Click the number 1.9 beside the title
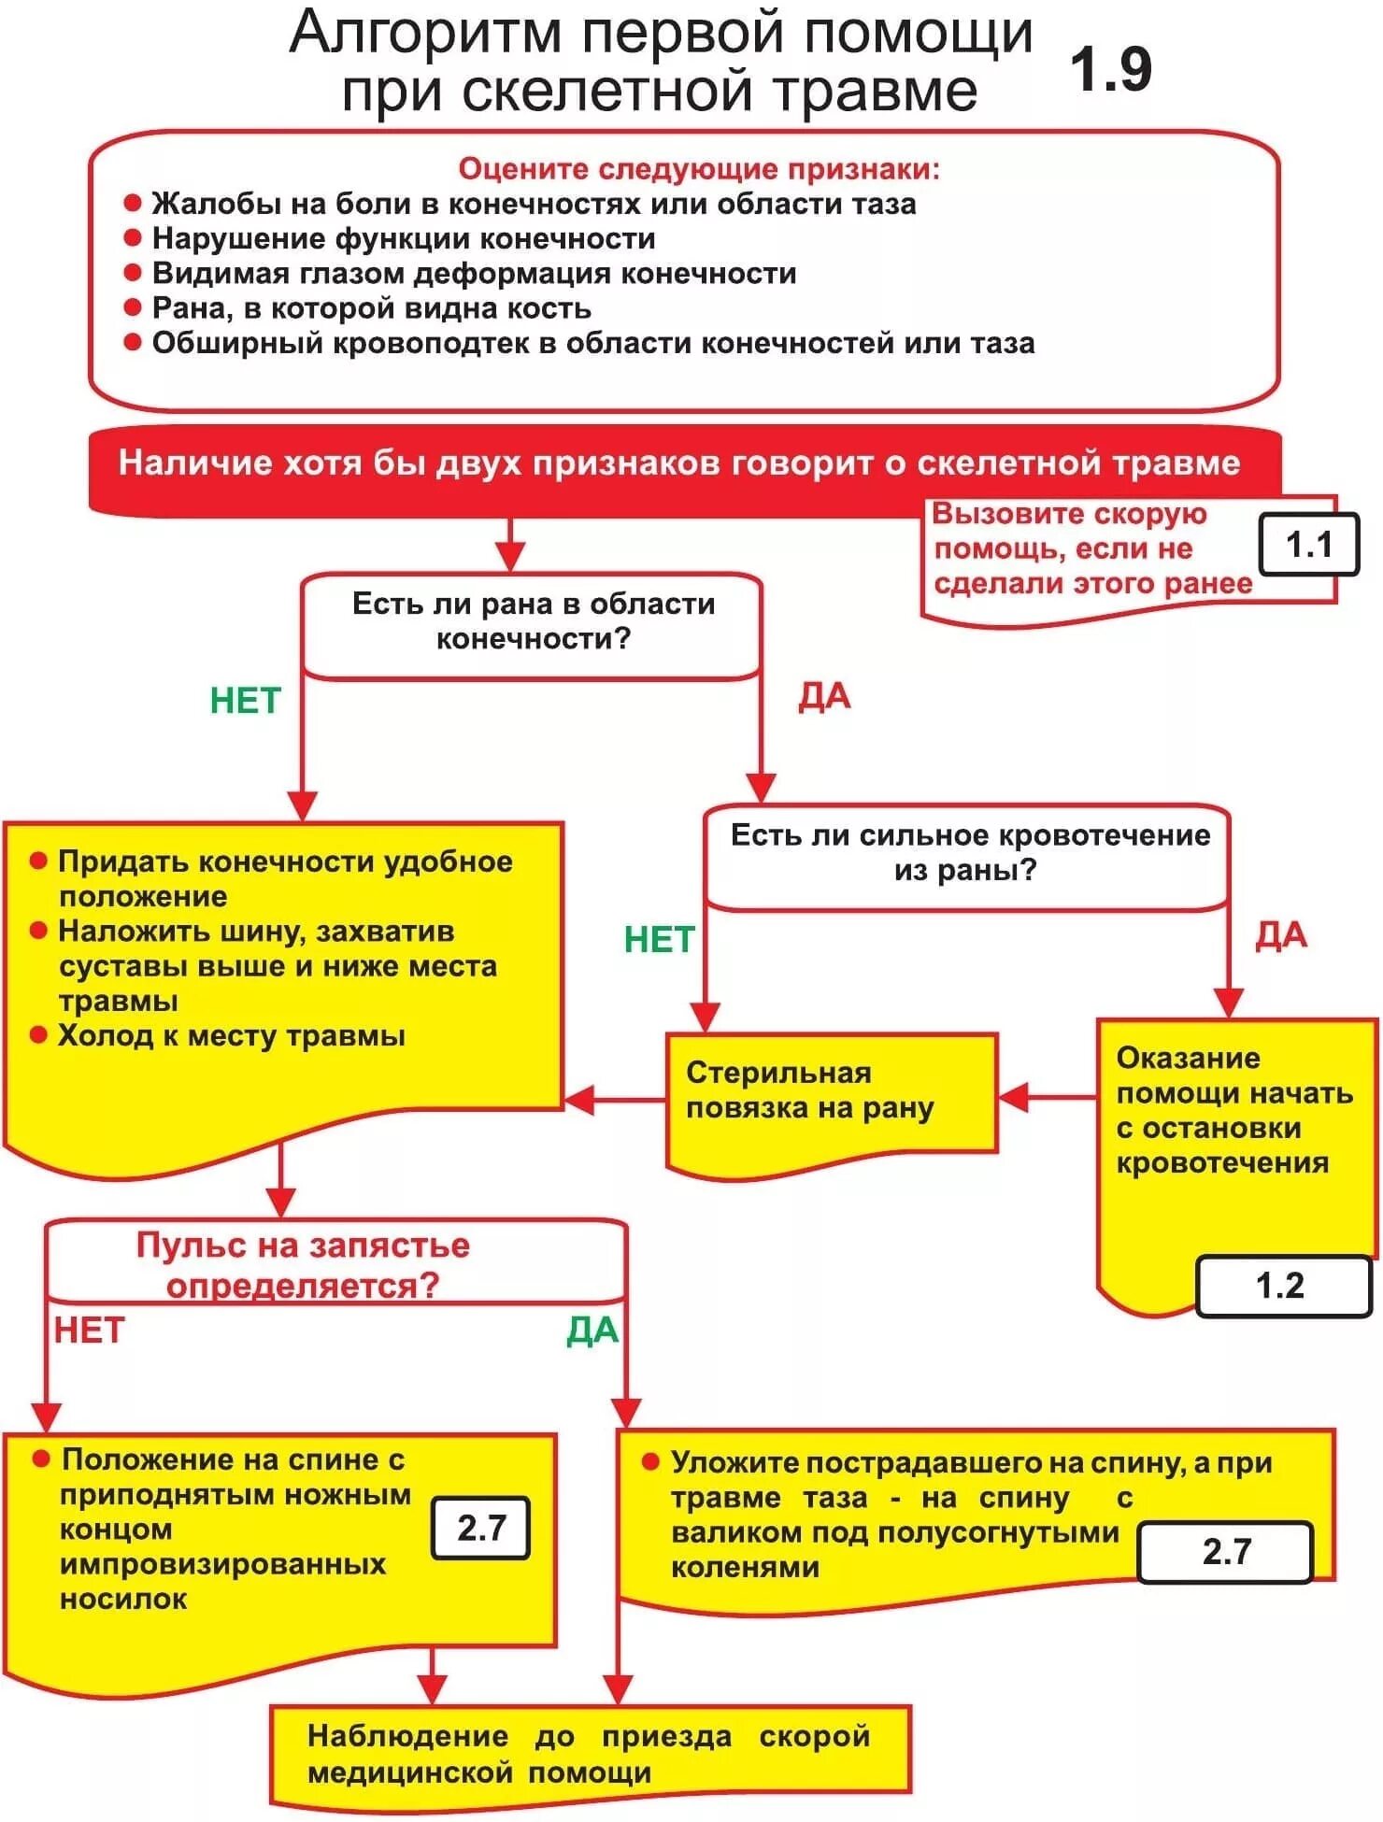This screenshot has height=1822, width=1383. point(1110,70)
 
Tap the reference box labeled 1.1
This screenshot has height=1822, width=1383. point(1308,545)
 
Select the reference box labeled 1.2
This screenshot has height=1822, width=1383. point(1280,1286)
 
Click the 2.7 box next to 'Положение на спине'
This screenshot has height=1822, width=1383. point(481,1528)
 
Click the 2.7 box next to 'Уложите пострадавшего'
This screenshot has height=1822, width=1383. point(1225,1551)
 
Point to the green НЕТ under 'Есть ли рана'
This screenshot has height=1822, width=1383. point(245,701)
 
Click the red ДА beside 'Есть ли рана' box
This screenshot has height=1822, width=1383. point(824,697)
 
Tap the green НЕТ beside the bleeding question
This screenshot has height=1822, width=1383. point(659,939)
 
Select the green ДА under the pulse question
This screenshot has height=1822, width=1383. point(592,1331)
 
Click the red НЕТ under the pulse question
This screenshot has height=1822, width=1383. point(89,1331)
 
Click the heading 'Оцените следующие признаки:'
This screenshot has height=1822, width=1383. point(699,169)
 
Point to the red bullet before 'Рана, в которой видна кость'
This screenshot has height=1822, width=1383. point(133,307)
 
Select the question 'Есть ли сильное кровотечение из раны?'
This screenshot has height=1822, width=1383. point(969,852)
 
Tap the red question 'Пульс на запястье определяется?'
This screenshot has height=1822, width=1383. point(303,1264)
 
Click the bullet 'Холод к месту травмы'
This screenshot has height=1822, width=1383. point(231,1035)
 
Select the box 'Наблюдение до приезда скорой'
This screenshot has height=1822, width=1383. point(589,1754)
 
